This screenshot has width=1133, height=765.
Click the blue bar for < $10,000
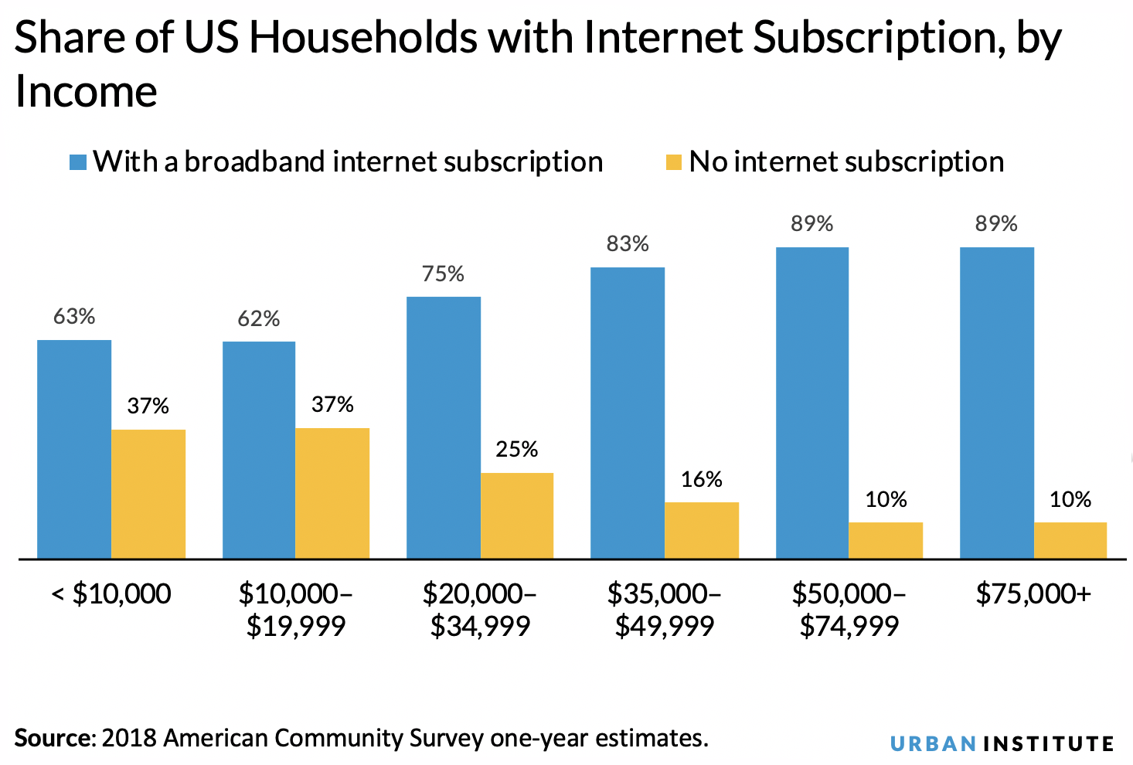[x=74, y=449]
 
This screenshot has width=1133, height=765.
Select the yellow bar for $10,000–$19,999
[x=332, y=493]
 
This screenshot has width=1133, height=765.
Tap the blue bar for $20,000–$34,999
[x=443, y=427]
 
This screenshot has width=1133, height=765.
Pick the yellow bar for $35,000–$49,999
[x=702, y=530]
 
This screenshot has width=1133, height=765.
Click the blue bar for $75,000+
[x=997, y=403]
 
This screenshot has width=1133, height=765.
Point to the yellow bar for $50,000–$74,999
[x=886, y=540]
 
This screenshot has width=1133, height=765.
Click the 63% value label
[x=74, y=317]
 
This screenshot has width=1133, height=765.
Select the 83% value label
[x=628, y=244]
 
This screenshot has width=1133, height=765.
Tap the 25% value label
[x=517, y=449]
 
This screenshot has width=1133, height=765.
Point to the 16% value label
[x=702, y=479]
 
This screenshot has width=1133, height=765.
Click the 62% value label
[x=259, y=318]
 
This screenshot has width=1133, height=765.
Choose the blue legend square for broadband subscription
[x=77, y=162]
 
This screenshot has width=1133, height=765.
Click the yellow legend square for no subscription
[x=673, y=162]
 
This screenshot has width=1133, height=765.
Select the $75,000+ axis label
[x=1033, y=593]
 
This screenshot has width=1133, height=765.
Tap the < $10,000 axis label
[x=111, y=593]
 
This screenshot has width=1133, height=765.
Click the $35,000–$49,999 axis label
[x=665, y=610]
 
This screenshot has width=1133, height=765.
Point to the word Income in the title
[x=87, y=92]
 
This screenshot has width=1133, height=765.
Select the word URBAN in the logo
[x=933, y=744]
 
